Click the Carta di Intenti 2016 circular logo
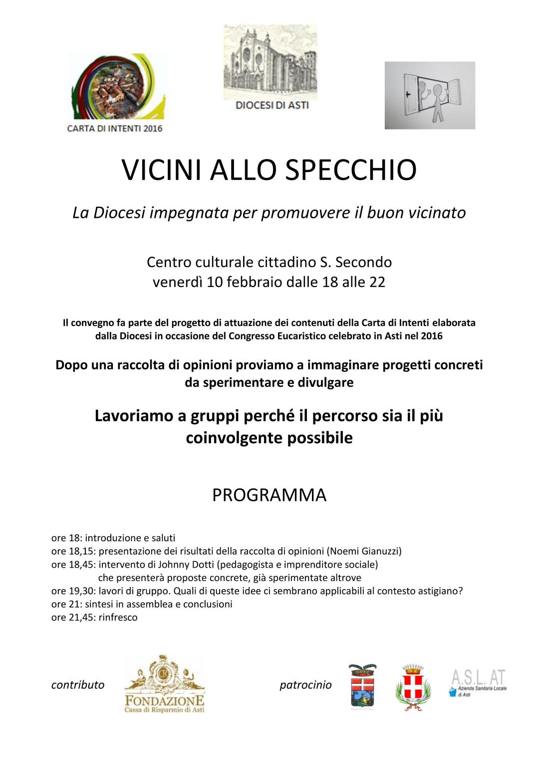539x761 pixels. click(116, 87)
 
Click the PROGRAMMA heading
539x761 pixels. click(269, 495)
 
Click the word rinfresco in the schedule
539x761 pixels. click(118, 617)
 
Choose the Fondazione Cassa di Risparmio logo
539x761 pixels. click(164, 684)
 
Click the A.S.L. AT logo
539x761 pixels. click(478, 683)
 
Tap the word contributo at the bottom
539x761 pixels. click(78, 685)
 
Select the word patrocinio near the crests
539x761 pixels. click(305, 685)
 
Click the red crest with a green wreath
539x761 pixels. click(413, 688)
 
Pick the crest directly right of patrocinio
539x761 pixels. click(363, 687)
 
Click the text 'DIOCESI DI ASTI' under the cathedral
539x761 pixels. click(272, 105)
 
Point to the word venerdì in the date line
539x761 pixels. click(178, 282)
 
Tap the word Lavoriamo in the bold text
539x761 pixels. click(134, 416)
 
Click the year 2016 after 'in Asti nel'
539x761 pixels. click(432, 336)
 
